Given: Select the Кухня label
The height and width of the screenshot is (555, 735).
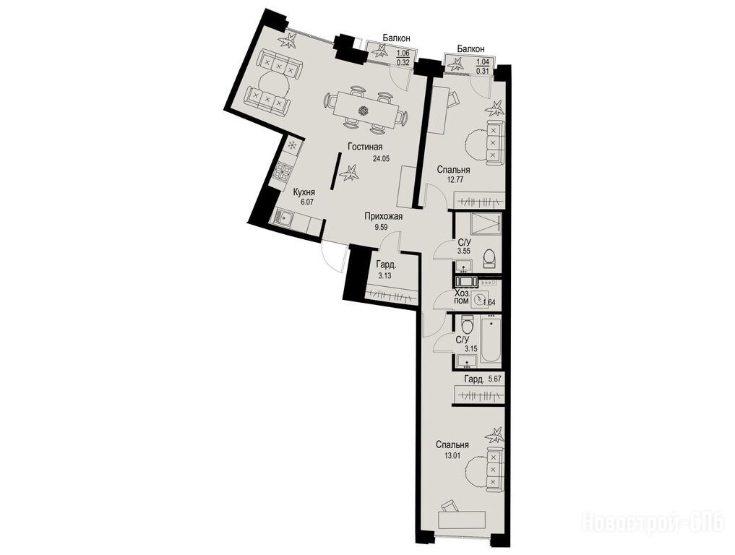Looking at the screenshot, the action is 304,192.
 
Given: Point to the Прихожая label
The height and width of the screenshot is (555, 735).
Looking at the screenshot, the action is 384,217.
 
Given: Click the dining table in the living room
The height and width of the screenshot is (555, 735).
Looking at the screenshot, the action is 365,111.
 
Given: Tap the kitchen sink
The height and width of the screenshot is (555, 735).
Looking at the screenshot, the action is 285,218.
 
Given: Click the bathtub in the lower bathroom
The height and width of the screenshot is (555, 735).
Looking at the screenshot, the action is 490,340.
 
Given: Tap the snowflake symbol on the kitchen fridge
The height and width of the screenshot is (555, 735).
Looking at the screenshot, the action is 291,146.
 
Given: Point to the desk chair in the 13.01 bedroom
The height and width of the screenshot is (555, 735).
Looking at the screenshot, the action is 450,507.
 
